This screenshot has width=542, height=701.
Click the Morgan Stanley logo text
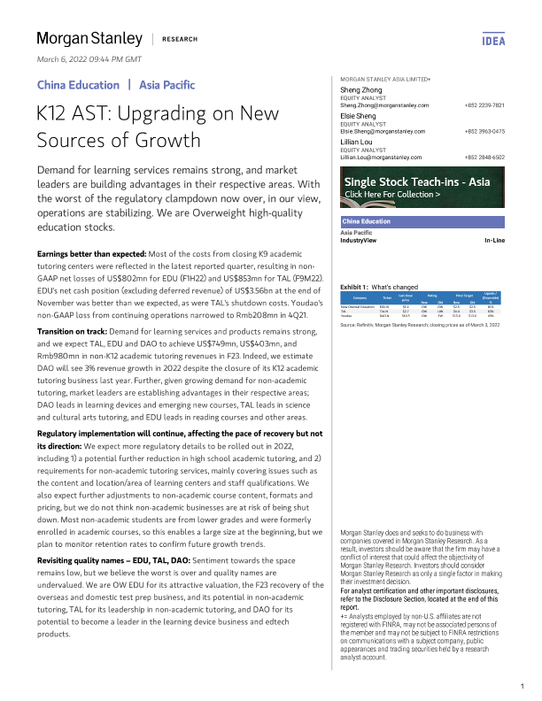[89, 38]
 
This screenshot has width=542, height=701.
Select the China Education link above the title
[78, 85]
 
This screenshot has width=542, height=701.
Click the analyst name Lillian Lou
[361, 142]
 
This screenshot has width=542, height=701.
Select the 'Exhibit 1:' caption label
[355, 288]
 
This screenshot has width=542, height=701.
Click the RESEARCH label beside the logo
[180, 39]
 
